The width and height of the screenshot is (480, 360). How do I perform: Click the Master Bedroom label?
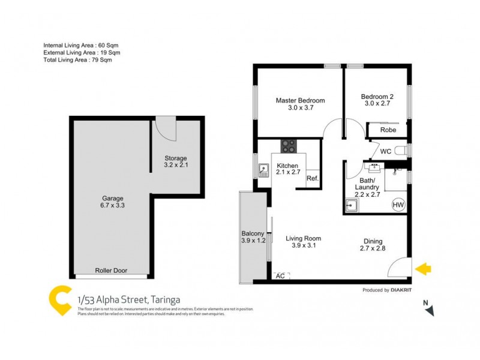coord(300,100)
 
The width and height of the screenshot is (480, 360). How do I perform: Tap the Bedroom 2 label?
coord(377,97)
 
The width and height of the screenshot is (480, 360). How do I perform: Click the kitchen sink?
coord(263,171)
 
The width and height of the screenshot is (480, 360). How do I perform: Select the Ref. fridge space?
coord(312,179)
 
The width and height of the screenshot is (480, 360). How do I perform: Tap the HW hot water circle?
coord(397,205)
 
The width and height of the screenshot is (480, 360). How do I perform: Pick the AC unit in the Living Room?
coord(280,276)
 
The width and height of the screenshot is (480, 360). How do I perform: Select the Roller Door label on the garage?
coord(111,271)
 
